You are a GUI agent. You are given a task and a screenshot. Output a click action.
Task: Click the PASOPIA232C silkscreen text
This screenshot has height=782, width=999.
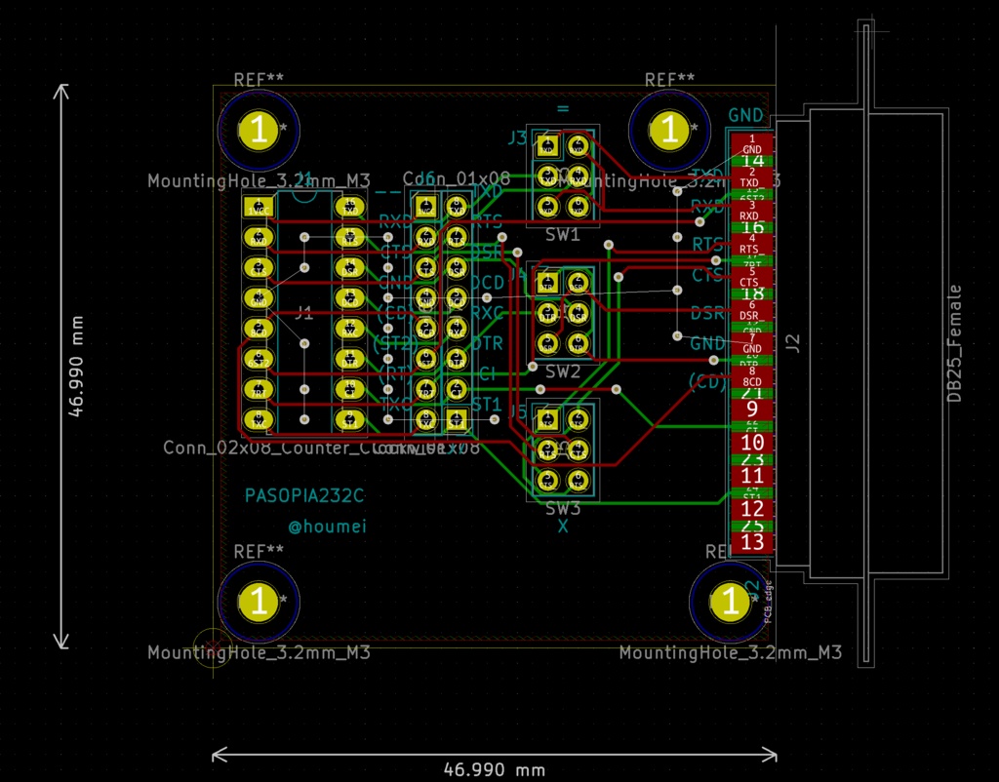tap(304, 495)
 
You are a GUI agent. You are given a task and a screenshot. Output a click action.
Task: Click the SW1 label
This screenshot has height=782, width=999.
tap(563, 235)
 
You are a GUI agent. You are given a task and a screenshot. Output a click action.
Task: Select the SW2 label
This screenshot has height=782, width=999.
tap(563, 371)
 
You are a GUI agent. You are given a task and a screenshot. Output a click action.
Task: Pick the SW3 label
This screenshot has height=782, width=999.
tap(563, 509)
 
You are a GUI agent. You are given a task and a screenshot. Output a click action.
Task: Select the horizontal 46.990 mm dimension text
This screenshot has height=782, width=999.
tap(495, 769)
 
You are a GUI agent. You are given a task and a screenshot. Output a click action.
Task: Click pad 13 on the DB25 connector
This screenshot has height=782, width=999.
tap(752, 541)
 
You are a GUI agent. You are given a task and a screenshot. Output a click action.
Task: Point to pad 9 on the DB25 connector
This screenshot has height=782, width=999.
tap(752, 408)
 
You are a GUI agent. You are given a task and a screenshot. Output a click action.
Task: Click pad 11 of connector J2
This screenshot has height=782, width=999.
tap(752, 475)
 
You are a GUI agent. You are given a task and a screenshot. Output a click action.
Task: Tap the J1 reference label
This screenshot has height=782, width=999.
tap(304, 313)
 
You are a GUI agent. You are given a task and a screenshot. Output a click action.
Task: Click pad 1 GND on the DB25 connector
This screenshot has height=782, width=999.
tap(752, 142)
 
